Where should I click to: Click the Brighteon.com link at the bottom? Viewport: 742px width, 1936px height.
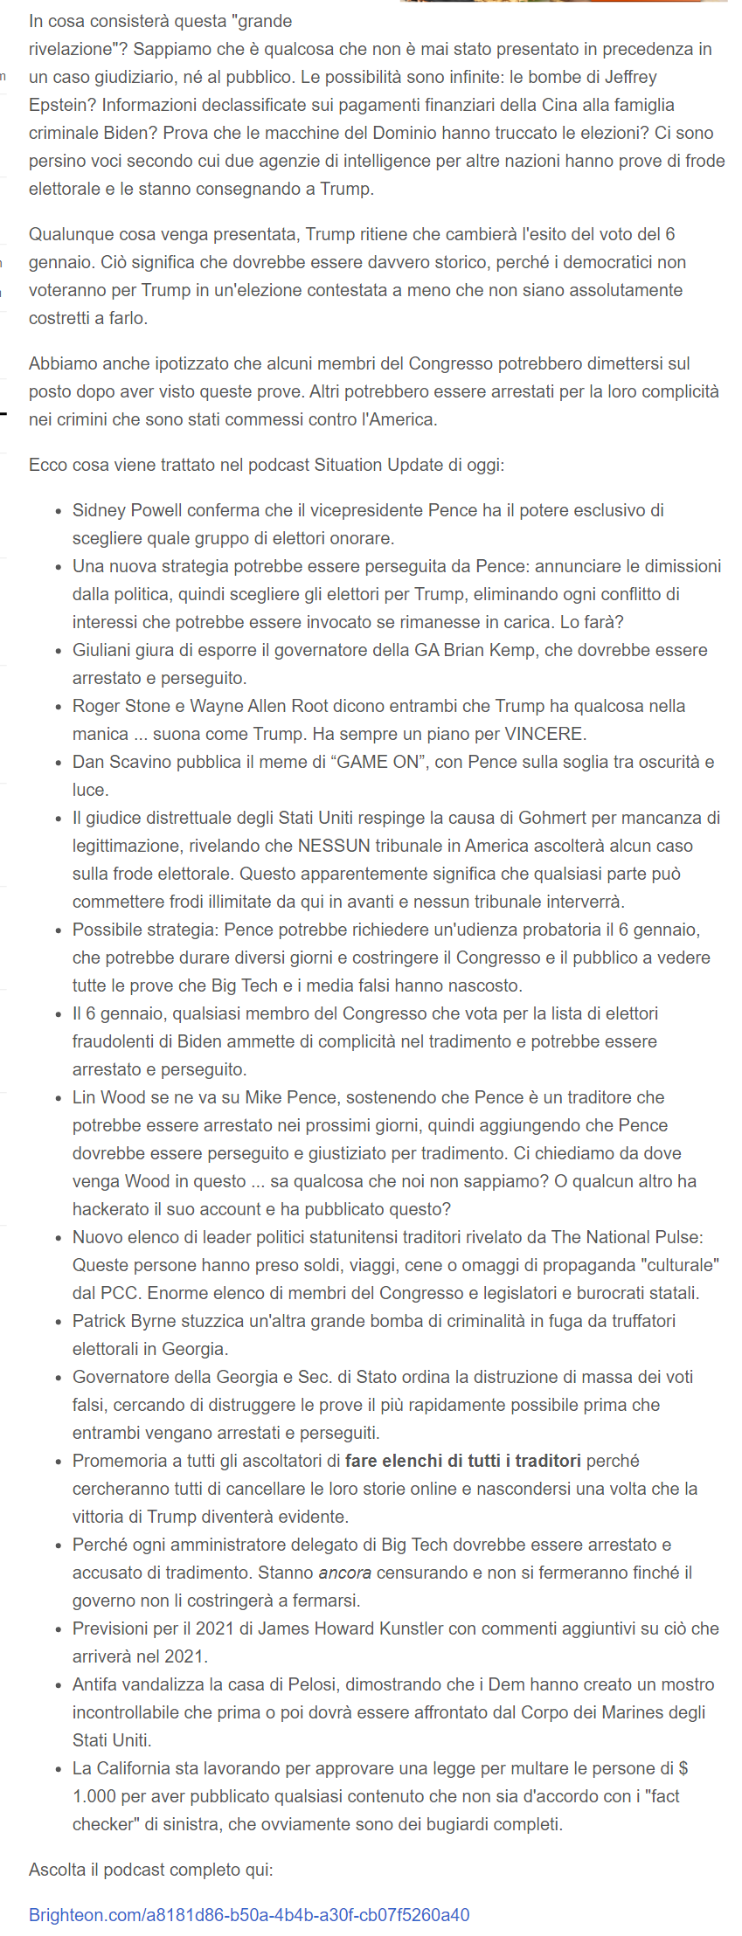point(249,1915)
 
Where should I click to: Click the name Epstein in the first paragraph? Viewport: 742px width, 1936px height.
point(61,105)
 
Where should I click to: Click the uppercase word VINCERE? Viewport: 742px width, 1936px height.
point(543,734)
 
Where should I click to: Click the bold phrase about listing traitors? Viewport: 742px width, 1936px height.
point(463,1461)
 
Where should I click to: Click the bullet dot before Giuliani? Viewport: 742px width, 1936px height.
point(59,652)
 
